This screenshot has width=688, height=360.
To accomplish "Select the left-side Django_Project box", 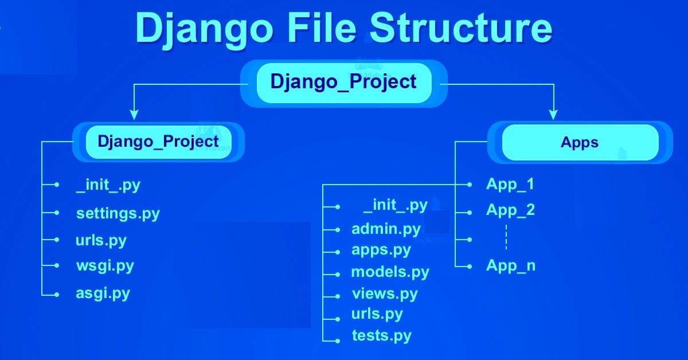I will pyautogui.click(x=158, y=141).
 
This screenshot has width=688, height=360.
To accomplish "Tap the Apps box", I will pyautogui.click(x=580, y=142).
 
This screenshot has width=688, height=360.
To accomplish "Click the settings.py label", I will pyautogui.click(x=118, y=214).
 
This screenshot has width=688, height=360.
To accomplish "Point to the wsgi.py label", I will pyautogui.click(x=104, y=266).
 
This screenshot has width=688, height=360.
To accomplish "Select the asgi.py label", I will pyautogui.click(x=103, y=294).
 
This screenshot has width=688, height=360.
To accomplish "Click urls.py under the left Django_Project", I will pyautogui.click(x=100, y=240).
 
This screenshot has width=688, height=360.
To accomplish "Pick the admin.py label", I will pyautogui.click(x=386, y=229).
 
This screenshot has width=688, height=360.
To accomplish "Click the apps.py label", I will pyautogui.click(x=381, y=251).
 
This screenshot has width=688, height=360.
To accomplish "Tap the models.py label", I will pyautogui.click(x=390, y=272).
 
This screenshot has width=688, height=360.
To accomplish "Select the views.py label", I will pyautogui.click(x=384, y=294).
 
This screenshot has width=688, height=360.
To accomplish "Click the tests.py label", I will pyautogui.click(x=381, y=335).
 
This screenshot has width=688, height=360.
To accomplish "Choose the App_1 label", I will pyautogui.click(x=510, y=184).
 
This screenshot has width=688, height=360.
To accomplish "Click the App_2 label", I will pyautogui.click(x=510, y=210).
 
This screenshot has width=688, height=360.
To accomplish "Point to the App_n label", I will pyautogui.click(x=510, y=266).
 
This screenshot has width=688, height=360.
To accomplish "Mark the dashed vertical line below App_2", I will pyautogui.click(x=506, y=237).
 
